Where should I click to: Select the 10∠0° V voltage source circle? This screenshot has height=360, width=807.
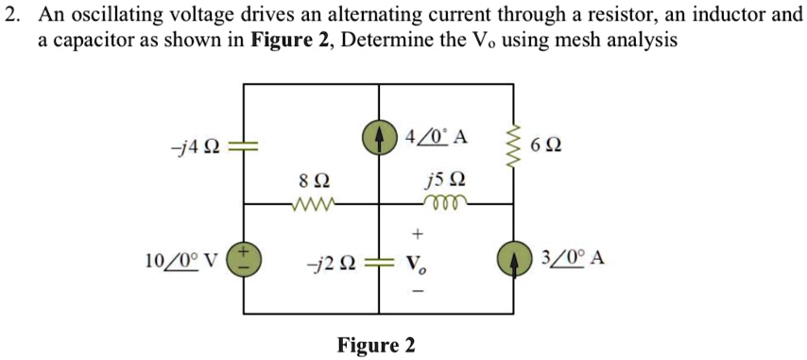(x=245, y=259)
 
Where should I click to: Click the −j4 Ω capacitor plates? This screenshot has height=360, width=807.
(x=245, y=146)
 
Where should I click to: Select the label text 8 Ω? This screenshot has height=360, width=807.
(x=315, y=180)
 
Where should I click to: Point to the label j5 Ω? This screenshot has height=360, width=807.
(x=445, y=179)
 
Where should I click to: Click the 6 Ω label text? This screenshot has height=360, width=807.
(x=548, y=146)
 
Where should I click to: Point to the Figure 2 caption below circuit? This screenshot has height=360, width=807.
(x=376, y=345)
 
